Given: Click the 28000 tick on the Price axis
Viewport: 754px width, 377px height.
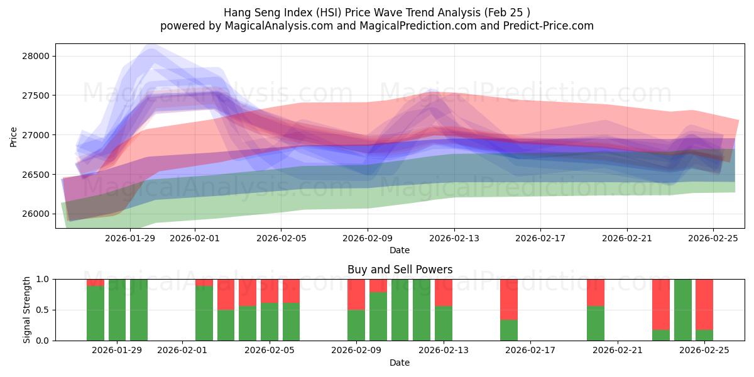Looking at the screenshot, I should click(x=35, y=56).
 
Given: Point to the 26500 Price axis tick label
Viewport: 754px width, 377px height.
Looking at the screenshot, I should click(x=35, y=175).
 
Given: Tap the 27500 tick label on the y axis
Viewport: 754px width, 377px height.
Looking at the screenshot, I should click(x=35, y=96).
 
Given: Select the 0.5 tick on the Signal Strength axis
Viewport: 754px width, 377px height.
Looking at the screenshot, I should click(x=42, y=310).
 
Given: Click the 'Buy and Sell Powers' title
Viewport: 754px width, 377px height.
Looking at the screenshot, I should click(x=400, y=270).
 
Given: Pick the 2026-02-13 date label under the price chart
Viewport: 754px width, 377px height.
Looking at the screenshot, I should click(x=454, y=238).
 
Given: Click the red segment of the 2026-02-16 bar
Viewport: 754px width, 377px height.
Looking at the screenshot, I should click(x=509, y=299).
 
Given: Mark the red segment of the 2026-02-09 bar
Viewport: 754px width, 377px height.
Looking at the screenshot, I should click(x=356, y=294).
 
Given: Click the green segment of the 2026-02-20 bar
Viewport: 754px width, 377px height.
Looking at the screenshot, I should click(x=596, y=324).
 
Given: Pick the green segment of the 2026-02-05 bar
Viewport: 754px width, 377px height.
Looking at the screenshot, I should click(x=270, y=322).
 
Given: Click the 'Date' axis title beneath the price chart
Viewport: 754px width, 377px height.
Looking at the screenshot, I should click(x=400, y=250).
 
